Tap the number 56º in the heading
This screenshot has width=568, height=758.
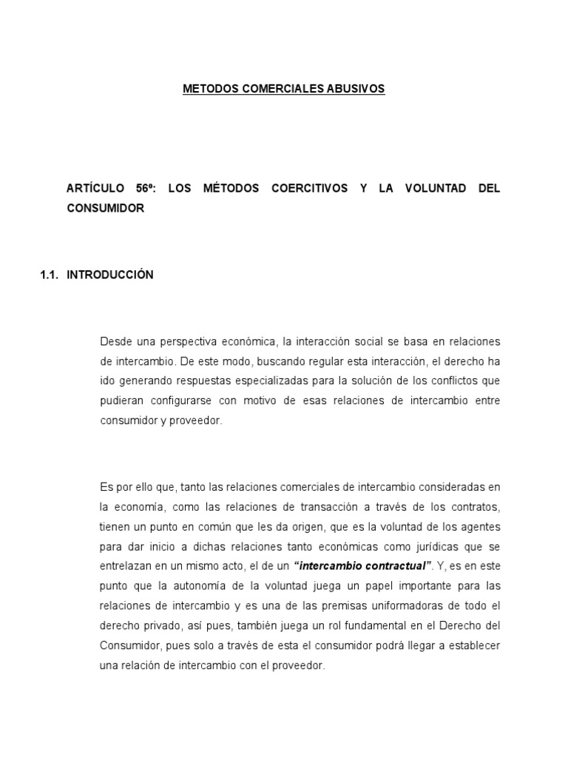144,189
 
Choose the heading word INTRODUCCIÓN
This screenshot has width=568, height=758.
110,275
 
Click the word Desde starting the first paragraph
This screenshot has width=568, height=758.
115,341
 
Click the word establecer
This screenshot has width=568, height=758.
475,645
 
